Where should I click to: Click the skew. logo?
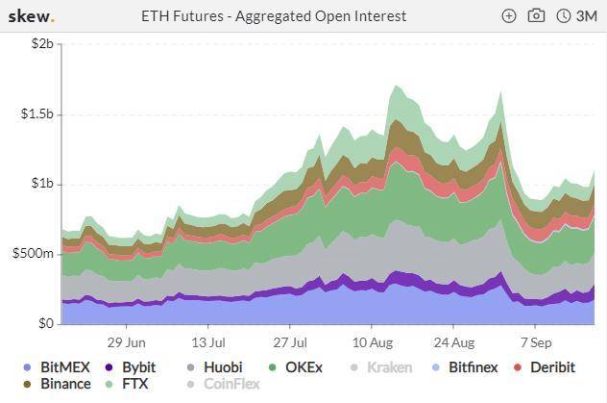33,16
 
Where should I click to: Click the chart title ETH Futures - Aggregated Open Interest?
274,16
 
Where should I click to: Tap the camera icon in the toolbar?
536,16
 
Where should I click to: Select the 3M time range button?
577,16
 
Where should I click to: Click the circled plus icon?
509,16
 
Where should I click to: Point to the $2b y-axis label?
40,44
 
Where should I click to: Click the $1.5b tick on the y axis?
36,114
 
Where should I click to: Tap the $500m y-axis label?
34,254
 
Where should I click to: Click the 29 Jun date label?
126,341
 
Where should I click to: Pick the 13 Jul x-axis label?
208,341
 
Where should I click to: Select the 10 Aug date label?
373,341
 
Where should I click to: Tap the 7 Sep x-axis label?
536,341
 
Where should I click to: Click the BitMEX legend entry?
57,367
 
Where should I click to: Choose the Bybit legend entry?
131,367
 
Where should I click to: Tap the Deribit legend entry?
545,367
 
